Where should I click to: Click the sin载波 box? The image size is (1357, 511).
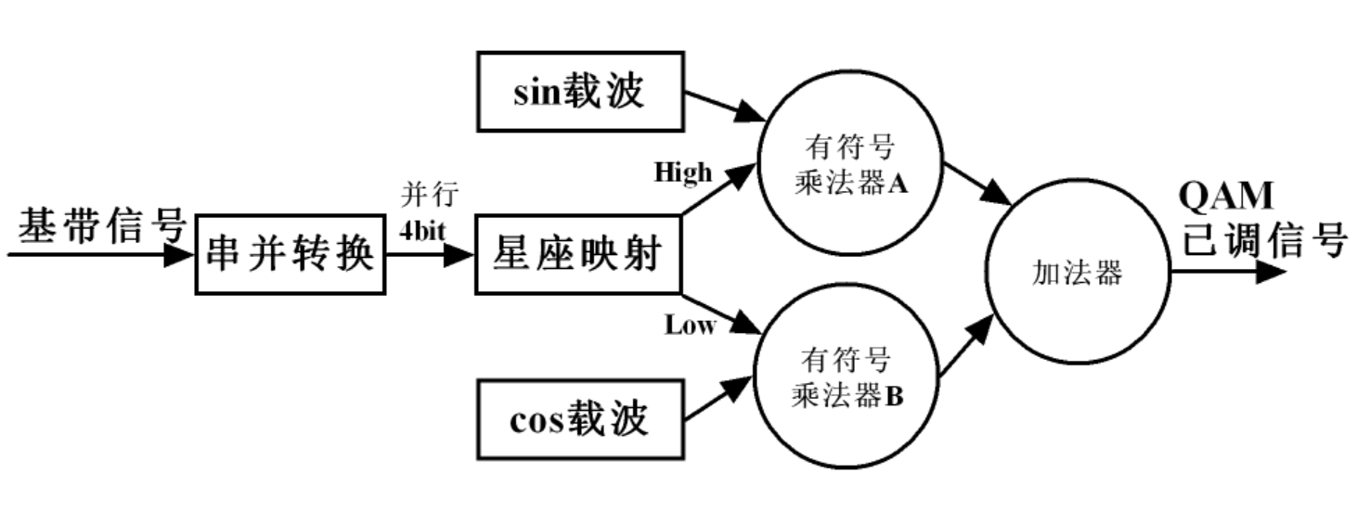579,91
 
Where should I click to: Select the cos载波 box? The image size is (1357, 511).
579,420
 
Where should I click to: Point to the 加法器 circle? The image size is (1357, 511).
1077,273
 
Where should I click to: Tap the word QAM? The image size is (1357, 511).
1225,197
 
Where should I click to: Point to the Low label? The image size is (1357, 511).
690,325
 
